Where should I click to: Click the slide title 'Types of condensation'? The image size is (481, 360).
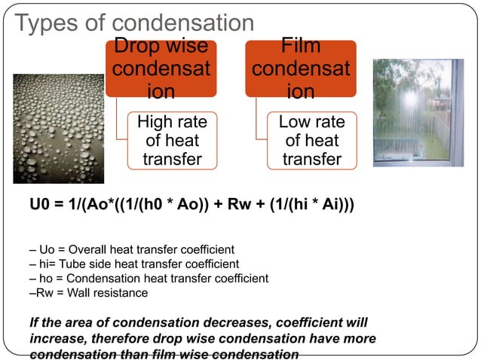click(133, 23)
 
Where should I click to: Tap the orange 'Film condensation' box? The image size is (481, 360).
click(300, 69)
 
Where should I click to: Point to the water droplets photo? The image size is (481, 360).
click(58, 128)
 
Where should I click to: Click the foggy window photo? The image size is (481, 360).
click(418, 113)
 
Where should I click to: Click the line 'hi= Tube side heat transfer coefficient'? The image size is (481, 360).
click(133, 264)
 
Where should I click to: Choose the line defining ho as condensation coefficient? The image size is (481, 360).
click(148, 278)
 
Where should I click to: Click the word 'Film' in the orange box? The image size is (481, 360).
click(300, 47)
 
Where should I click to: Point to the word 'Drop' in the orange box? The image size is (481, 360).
click(138, 47)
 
